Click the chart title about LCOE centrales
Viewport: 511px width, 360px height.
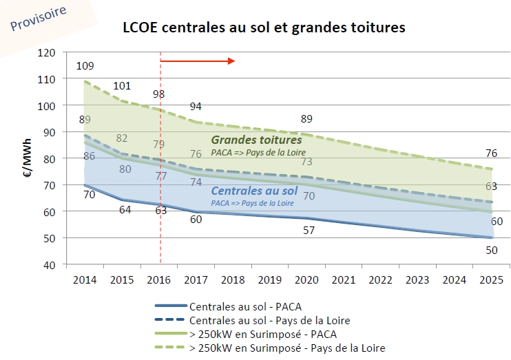(x=263, y=28)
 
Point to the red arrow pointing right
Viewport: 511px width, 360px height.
(x=198, y=61)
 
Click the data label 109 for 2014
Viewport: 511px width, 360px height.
(x=85, y=66)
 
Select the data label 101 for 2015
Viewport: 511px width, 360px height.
(x=122, y=86)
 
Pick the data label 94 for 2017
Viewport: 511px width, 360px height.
(x=197, y=106)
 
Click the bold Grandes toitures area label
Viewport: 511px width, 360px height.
(x=256, y=140)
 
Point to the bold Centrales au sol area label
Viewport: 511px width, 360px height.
(x=254, y=191)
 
